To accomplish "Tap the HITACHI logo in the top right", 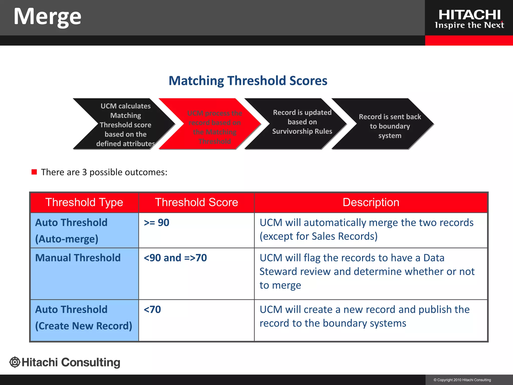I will click(x=469, y=19).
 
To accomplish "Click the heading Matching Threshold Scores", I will click(x=248, y=81).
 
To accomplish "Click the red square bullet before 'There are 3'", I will click(x=34, y=172).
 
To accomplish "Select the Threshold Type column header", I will click(x=84, y=202).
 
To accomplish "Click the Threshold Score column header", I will click(x=196, y=202).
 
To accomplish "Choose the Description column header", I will click(x=371, y=202).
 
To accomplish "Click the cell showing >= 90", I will click(x=157, y=223).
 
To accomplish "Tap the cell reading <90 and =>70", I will click(x=175, y=258).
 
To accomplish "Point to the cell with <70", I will click(x=152, y=310).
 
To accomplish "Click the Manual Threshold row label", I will click(x=78, y=258).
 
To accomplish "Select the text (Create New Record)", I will click(x=83, y=326).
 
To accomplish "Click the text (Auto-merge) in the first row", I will click(x=67, y=239).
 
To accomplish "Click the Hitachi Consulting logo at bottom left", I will click(x=65, y=362).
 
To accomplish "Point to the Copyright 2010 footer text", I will click(x=462, y=380).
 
